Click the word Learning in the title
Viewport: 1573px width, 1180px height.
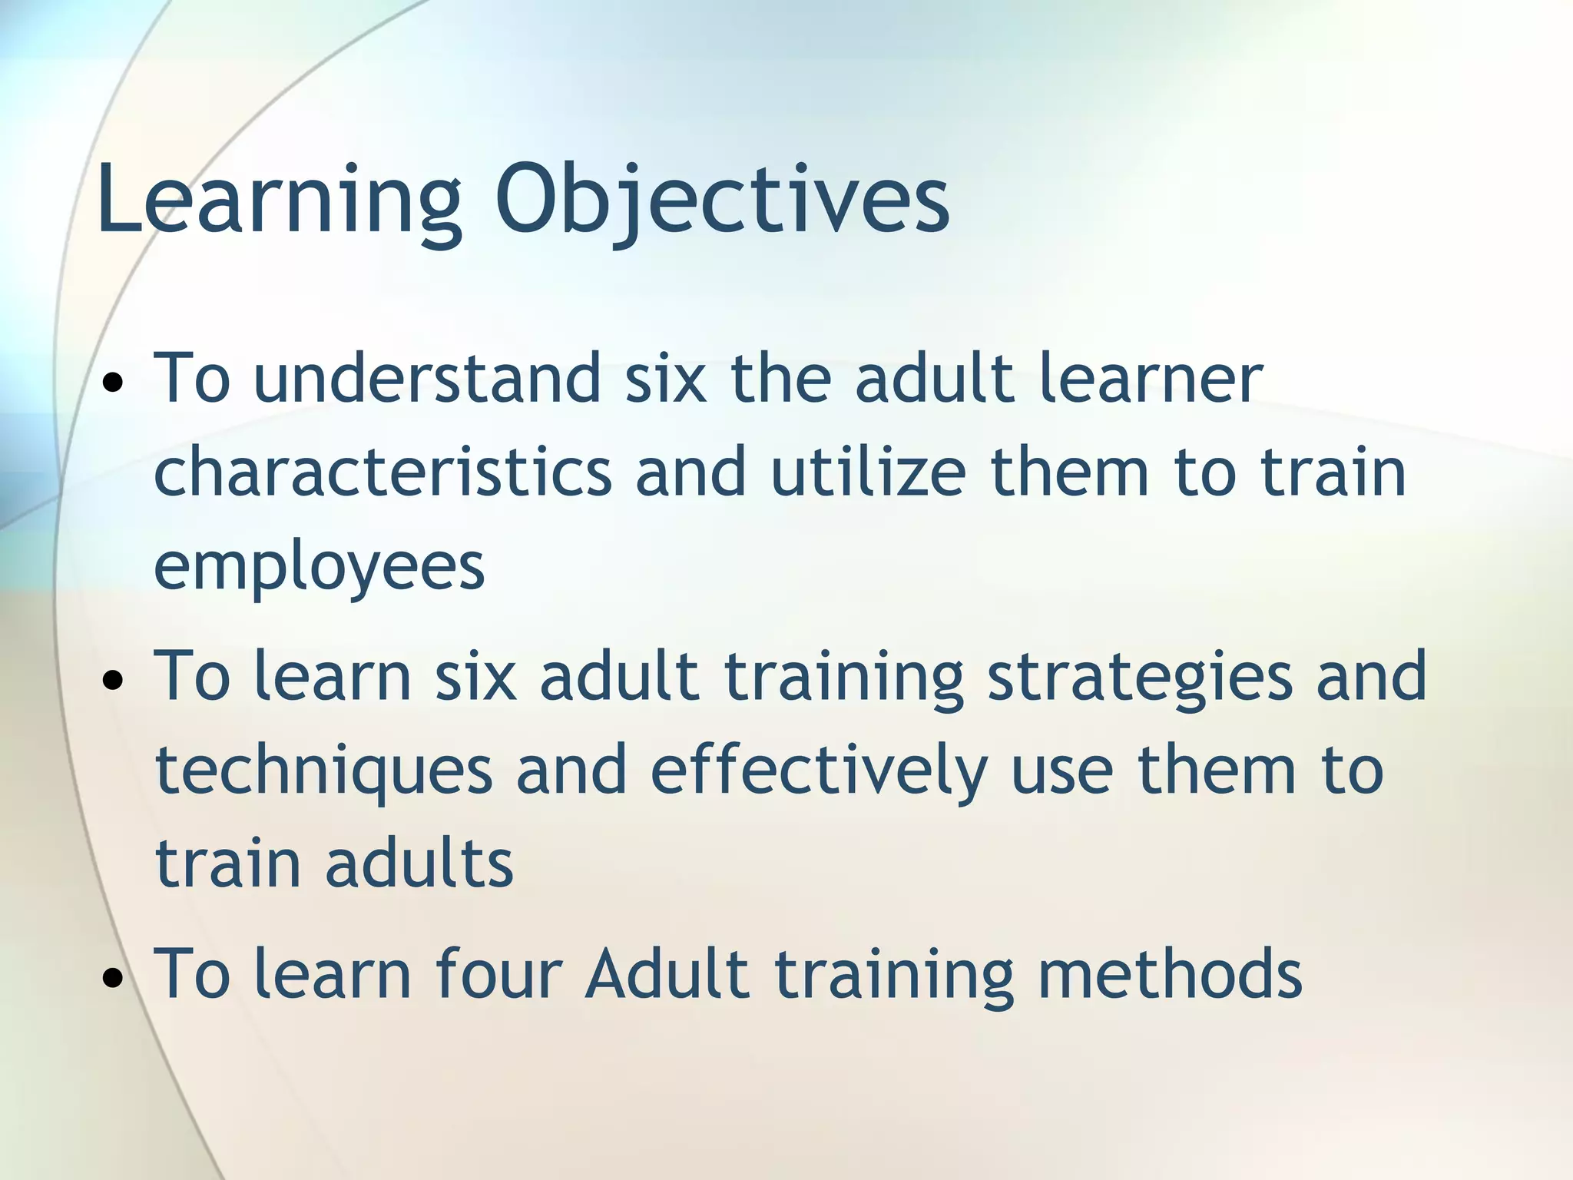278,201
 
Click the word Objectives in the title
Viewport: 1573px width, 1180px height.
722,201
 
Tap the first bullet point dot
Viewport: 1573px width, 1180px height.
113,382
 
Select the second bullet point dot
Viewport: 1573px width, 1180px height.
113,680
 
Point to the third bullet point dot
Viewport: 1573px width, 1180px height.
113,978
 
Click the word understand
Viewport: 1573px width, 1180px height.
427,378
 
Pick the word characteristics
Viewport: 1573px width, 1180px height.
382,472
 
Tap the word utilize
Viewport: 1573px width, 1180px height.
868,472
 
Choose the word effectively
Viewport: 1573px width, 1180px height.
819,771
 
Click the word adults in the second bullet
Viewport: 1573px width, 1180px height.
419,863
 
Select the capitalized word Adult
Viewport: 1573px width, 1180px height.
667,974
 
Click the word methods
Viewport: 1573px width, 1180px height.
1169,974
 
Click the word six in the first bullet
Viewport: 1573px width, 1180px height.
665,378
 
